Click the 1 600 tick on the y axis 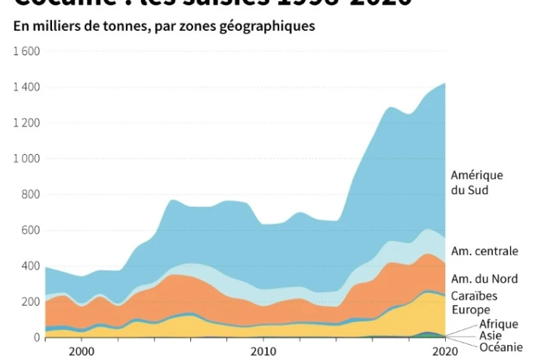[x=26, y=51]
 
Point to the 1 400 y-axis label [x=26, y=88]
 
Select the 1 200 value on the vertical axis [x=26, y=123]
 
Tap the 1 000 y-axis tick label [x=26, y=158]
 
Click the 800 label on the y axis [x=30, y=195]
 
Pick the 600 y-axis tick [x=30, y=230]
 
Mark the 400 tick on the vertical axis [x=30, y=266]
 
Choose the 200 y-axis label [x=30, y=302]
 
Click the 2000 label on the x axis [x=81, y=351]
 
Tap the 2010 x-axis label [x=263, y=351]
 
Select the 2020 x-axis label [x=444, y=351]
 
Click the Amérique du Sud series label [x=476, y=183]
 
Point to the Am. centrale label [x=484, y=251]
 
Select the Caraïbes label [x=474, y=296]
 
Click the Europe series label [x=470, y=309]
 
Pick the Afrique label [x=499, y=324]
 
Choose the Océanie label [x=501, y=347]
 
